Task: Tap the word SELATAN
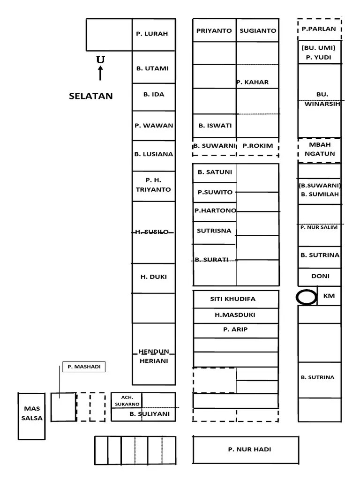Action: [x=91, y=96]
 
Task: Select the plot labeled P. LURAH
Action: [x=152, y=34]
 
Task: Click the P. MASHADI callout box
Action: [x=84, y=367]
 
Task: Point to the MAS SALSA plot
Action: [x=32, y=413]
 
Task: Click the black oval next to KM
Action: [x=307, y=297]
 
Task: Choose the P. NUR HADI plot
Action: [x=249, y=450]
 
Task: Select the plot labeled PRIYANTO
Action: [x=214, y=30]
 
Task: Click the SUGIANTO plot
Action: [x=258, y=30]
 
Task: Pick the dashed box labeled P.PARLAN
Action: [x=319, y=29]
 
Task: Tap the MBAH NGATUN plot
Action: [x=320, y=150]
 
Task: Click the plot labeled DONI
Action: [x=320, y=276]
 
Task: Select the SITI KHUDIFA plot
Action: [x=236, y=299]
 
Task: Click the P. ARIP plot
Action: [x=235, y=330]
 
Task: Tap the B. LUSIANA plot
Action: [x=153, y=154]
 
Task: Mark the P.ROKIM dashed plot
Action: [x=258, y=146]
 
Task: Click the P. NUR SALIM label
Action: [x=319, y=227]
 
